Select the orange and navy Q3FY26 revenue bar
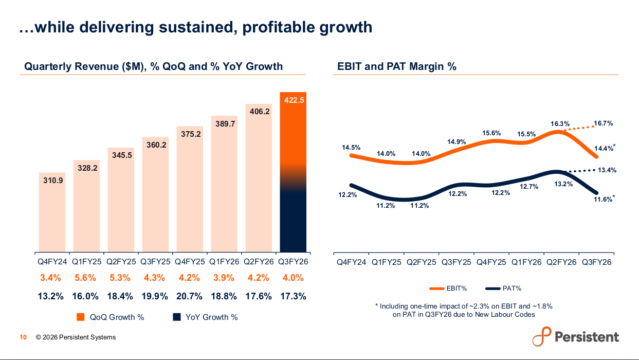click(x=293, y=172)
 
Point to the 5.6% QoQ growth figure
click(x=85, y=278)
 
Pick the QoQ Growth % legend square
click(x=80, y=317)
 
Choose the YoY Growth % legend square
click(x=177, y=317)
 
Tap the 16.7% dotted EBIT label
click(x=603, y=123)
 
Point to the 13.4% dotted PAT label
click(x=606, y=170)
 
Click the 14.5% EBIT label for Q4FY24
click(x=351, y=148)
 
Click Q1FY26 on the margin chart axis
click(x=526, y=262)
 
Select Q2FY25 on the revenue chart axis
click(x=121, y=262)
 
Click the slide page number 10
click(x=23, y=337)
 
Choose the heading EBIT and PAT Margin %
click(x=397, y=66)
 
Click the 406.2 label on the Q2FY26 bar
click(x=259, y=111)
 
